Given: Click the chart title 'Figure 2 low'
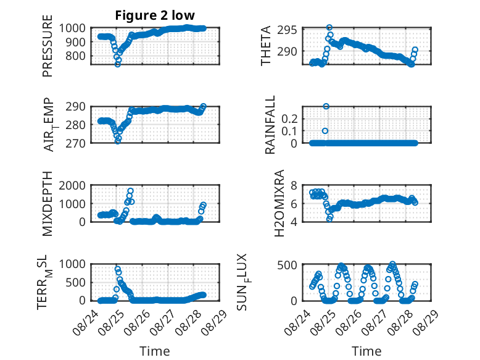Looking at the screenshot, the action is click(x=155, y=15).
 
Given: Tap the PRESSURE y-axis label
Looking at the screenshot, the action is click(x=48, y=46).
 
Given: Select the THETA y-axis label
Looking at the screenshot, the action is click(x=266, y=46).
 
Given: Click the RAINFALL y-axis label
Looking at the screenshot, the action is click(x=270, y=125).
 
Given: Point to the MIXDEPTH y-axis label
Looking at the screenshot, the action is click(x=48, y=204).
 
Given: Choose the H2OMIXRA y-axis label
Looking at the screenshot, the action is click(x=279, y=203).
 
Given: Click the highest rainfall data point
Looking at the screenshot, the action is click(x=326, y=106).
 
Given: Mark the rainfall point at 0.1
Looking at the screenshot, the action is click(x=325, y=131).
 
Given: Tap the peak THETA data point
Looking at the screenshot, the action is click(x=329, y=28).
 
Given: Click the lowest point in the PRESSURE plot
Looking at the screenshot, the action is click(x=118, y=64).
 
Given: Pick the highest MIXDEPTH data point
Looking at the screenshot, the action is click(x=130, y=191).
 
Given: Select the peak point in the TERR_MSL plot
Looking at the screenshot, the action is click(x=118, y=269).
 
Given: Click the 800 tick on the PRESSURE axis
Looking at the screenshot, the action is click(x=76, y=56).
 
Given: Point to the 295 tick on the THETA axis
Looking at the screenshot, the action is click(x=288, y=30).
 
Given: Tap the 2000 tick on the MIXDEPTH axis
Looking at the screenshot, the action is click(x=72, y=185).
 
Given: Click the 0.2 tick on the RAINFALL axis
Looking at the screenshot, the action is click(x=289, y=119).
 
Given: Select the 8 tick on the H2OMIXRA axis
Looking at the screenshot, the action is click(x=294, y=185).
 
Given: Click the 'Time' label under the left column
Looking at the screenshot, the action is click(x=155, y=351).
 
